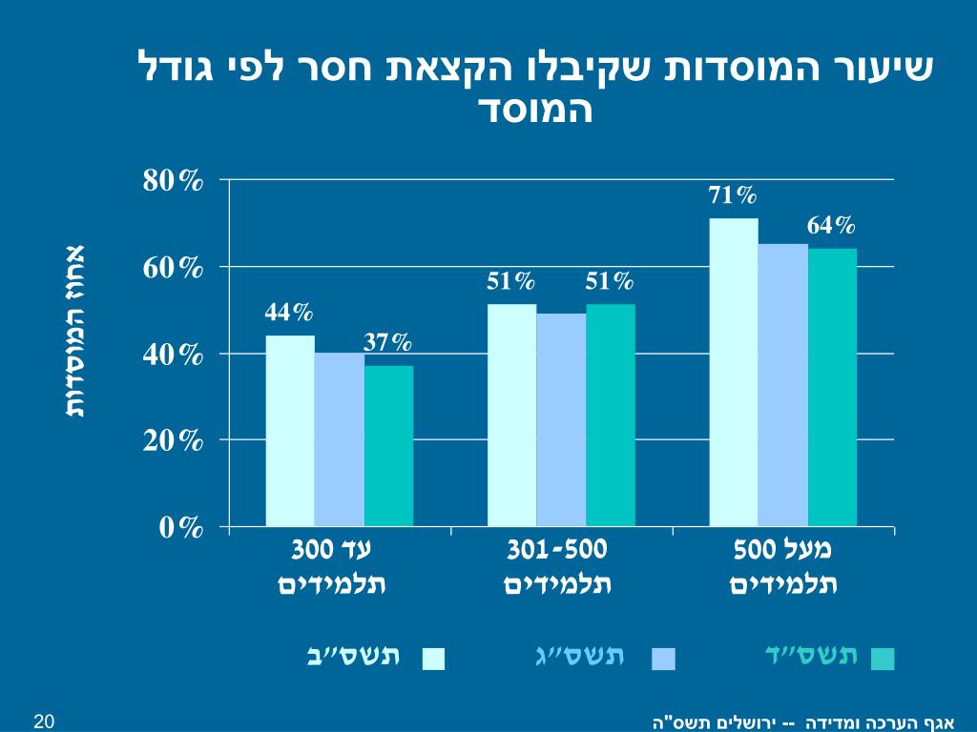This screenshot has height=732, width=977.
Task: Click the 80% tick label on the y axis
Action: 174,181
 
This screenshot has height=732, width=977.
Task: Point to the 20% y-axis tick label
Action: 174,441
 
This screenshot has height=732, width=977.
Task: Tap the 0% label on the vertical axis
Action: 181,528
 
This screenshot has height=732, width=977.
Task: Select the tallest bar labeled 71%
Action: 734,372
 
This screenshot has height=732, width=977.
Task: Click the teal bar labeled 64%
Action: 832,387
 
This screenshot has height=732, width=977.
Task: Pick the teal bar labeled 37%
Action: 388,445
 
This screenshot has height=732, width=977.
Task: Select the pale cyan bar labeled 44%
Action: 290,430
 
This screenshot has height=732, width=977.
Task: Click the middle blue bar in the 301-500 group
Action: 561,419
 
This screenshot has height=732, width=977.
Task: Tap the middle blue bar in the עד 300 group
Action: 340,439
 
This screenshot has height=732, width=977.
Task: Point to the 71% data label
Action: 733,196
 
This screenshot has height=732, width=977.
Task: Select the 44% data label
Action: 289,313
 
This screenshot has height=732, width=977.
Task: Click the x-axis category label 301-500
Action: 557,551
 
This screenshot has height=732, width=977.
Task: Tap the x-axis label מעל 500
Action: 782,551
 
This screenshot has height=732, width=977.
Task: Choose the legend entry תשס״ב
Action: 354,656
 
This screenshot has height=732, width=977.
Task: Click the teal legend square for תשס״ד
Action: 883,659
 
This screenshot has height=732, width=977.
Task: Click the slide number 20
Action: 43,720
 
